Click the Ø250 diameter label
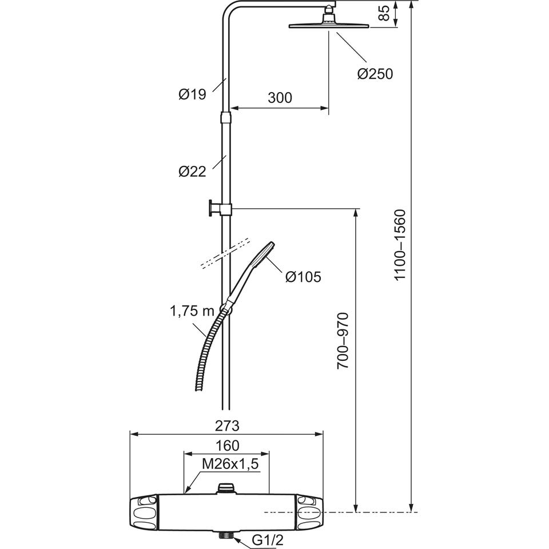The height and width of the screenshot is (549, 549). point(375,74)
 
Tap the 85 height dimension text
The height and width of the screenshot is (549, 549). point(384,13)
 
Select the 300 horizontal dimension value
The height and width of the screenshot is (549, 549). point(280,98)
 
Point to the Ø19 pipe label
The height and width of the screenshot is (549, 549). point(192,94)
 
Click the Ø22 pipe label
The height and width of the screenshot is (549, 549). point(192,171)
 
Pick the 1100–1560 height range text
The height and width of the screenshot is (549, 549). point(400,245)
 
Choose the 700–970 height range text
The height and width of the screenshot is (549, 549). point(343,341)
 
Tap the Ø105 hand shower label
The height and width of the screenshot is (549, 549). point(303,277)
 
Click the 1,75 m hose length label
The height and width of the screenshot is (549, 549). point(192,311)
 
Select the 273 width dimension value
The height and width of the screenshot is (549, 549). point(227,425)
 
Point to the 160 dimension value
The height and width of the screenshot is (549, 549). point(227,445)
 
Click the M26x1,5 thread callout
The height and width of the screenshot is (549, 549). point(230,464)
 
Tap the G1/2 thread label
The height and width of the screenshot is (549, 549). point(267,540)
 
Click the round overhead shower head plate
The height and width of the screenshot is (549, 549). point(329,26)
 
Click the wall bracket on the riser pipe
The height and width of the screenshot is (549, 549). point(220,209)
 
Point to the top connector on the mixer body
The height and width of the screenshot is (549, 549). point(226,488)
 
